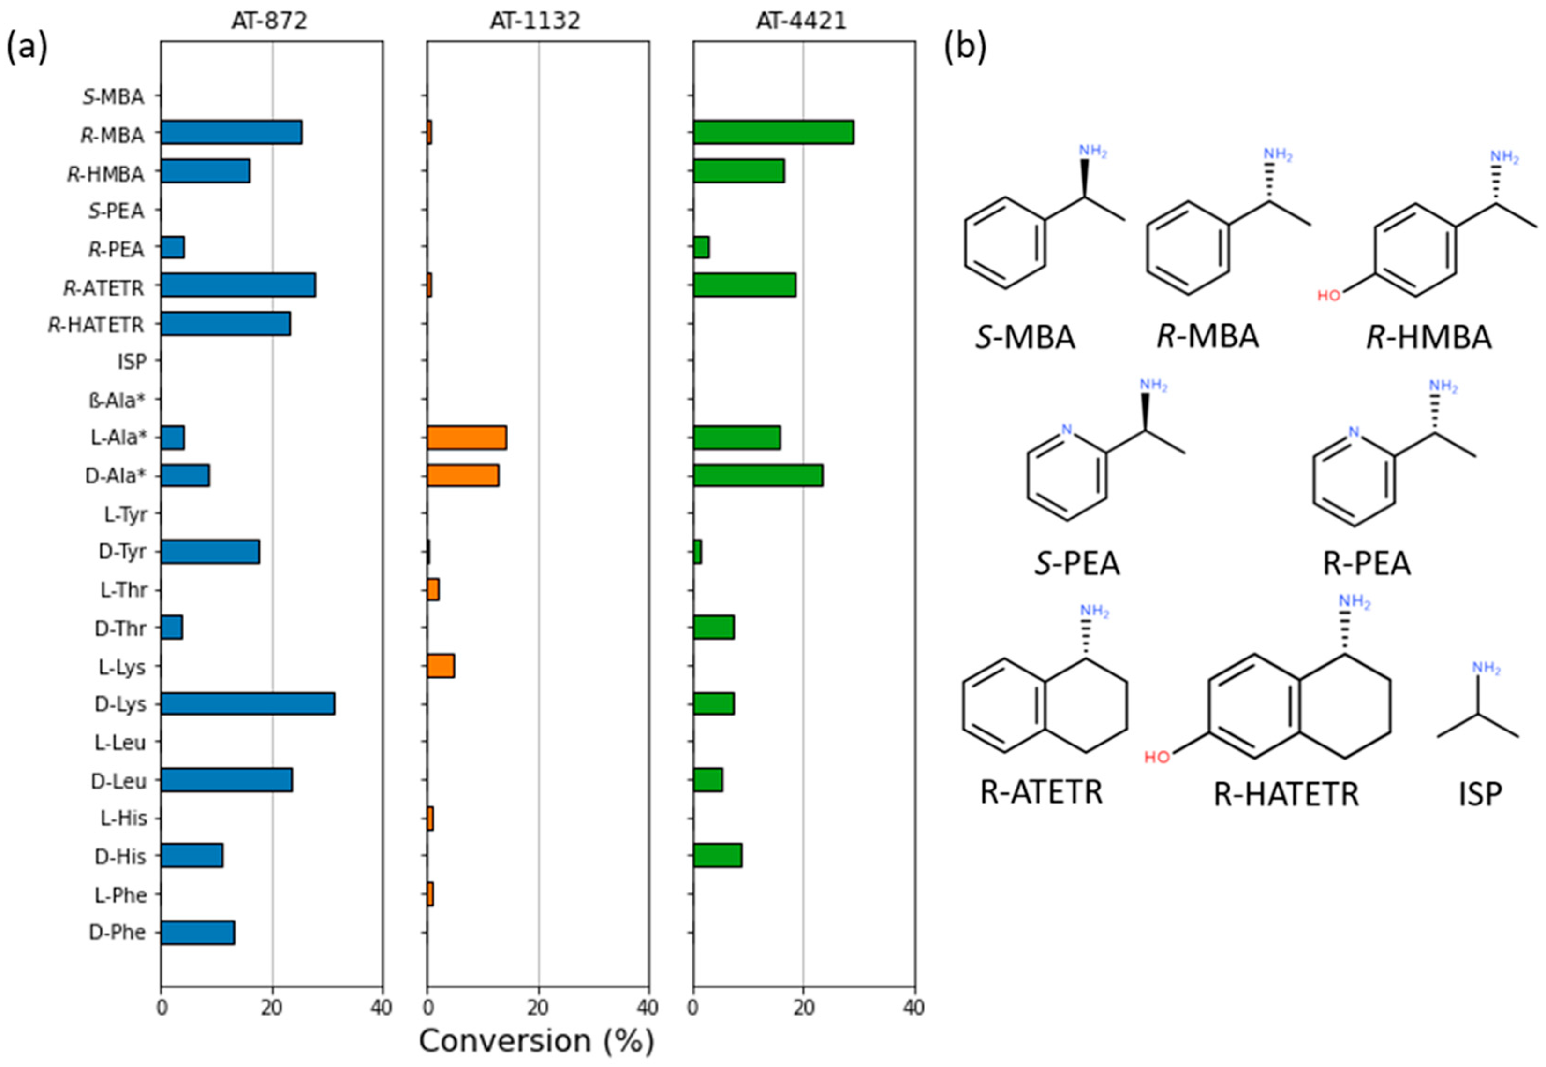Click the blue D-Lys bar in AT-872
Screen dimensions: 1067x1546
(247, 704)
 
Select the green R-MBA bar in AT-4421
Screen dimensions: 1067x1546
(773, 132)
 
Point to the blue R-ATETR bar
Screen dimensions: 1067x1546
(238, 285)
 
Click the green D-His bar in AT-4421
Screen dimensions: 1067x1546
(717, 856)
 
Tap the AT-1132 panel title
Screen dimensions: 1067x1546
(535, 22)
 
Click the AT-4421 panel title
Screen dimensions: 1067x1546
(801, 22)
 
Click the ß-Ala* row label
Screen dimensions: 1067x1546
(117, 401)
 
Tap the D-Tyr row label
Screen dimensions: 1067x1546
(122, 553)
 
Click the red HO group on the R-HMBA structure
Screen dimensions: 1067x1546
(1329, 295)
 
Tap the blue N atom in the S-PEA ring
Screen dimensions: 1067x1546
(1067, 429)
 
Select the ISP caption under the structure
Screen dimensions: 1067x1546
(1480, 794)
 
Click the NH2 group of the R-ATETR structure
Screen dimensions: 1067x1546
(1095, 611)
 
